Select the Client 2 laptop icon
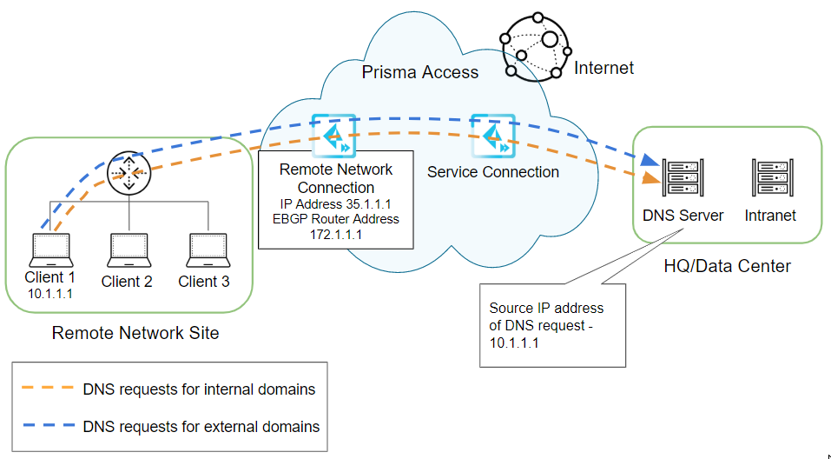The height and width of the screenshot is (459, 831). tap(127, 250)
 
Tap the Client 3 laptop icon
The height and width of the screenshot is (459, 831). tap(204, 250)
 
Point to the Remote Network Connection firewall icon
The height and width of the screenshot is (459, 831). tap(334, 135)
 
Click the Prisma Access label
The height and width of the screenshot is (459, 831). tap(420, 72)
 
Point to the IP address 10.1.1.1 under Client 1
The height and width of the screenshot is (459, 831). tap(49, 294)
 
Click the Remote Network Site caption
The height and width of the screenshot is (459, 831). tap(135, 333)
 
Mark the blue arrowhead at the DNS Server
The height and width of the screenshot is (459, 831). tap(647, 163)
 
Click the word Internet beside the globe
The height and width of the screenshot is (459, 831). tap(604, 68)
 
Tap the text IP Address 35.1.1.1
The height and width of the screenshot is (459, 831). tap(337, 203)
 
